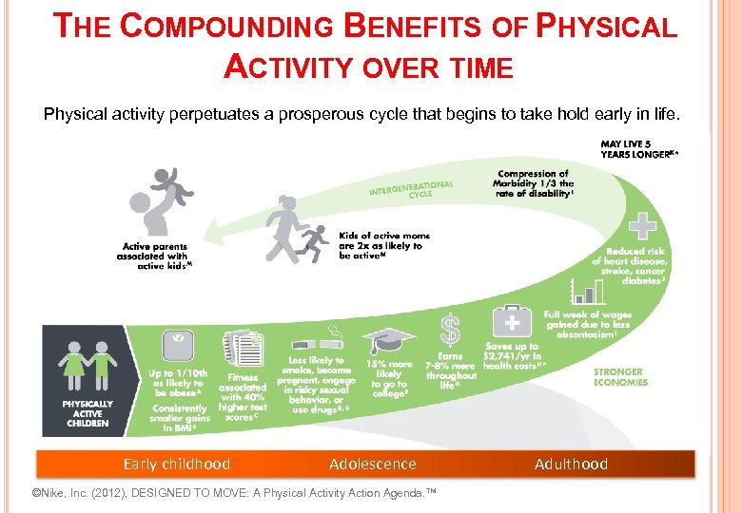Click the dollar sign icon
click(x=450, y=330)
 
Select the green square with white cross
click(x=644, y=226)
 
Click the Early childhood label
click(x=177, y=465)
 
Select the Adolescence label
click(x=372, y=465)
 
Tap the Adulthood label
click(x=571, y=465)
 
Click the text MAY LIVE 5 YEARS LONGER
click(x=638, y=149)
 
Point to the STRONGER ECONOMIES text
click(x=619, y=377)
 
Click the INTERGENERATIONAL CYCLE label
click(x=411, y=189)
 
